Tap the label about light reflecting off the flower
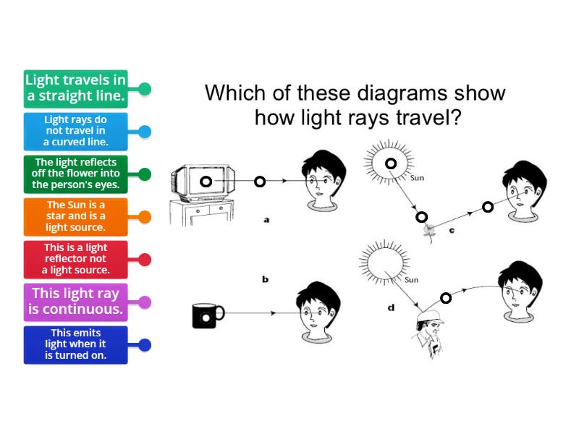tap(75, 174)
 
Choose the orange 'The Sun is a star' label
tap(75, 216)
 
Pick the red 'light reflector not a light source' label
tap(75, 259)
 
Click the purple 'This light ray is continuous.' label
tap(75, 302)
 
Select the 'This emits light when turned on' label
tap(75, 344)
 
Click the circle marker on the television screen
tap(206, 182)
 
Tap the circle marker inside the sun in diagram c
tap(391, 163)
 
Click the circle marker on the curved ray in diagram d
tap(446, 297)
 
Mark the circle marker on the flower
tap(422, 216)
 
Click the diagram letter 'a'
tap(266, 219)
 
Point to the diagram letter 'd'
tap(391, 307)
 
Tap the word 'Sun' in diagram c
tap(417, 178)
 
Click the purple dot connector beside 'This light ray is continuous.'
tap(145, 302)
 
